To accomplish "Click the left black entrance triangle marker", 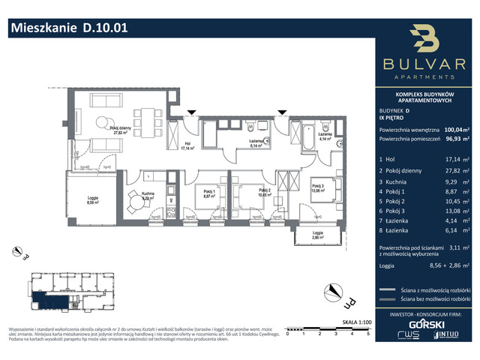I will click(x=193, y=113).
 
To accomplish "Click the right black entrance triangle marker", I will click(x=282, y=113).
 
